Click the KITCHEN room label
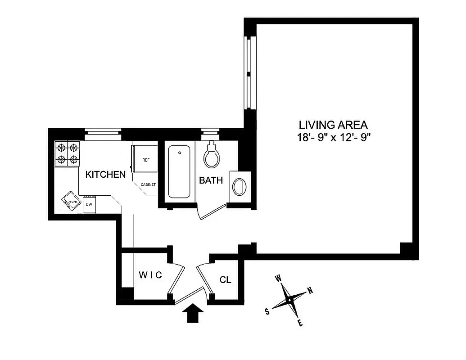click(106, 174)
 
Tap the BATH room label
click(211, 180)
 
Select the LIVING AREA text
click(334, 125)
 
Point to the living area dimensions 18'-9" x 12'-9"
click(334, 138)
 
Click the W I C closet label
click(150, 275)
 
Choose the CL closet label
click(225, 280)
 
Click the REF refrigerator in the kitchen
click(145, 160)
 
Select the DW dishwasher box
click(89, 205)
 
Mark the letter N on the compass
click(310, 290)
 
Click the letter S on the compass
click(267, 311)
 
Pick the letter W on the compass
click(278, 279)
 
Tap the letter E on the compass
click(300, 323)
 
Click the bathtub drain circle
click(180, 153)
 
